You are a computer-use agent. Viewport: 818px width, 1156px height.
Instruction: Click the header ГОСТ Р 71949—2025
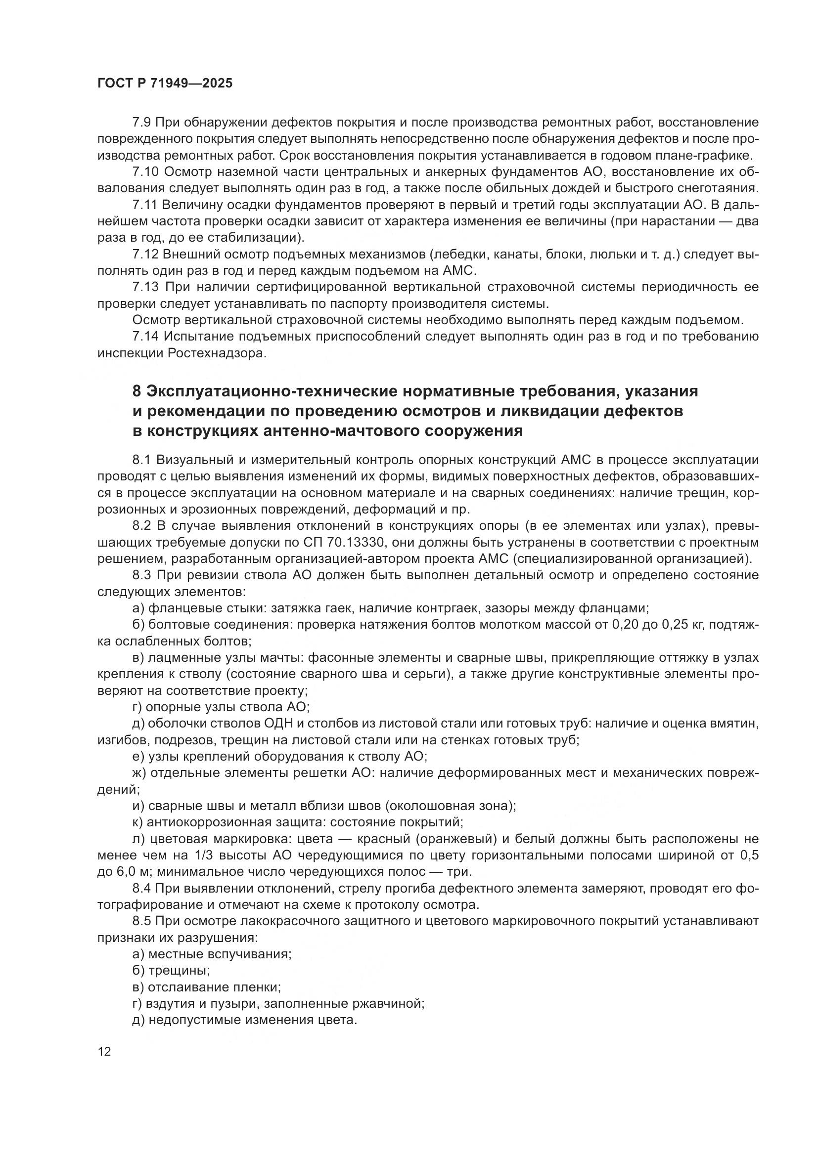[x=165, y=84]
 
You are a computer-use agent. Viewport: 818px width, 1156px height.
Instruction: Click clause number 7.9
[x=142, y=123]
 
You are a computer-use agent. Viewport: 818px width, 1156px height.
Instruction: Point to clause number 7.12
[x=145, y=254]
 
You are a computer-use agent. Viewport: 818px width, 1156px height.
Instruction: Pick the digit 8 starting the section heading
[x=136, y=391]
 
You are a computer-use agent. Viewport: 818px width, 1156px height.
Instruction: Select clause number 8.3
[x=142, y=575]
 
